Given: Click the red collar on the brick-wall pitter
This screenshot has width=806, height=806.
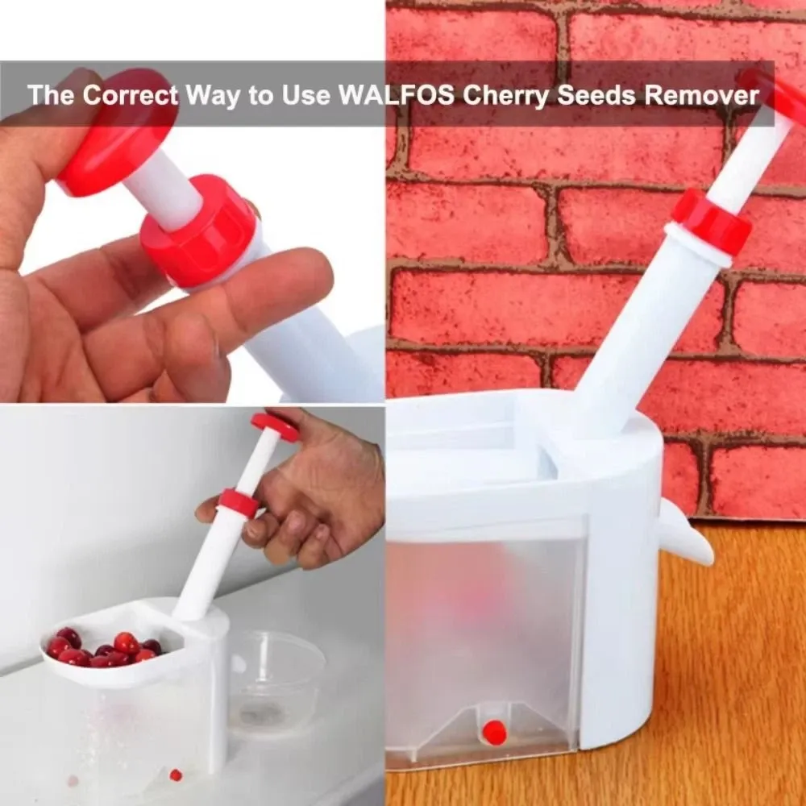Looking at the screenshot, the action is [x=712, y=222].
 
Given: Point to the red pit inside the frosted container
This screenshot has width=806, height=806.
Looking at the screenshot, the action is [x=495, y=733].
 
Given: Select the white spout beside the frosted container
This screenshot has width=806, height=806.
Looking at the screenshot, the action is [x=684, y=534].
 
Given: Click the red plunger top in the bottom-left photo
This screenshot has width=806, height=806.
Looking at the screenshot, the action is [x=275, y=426].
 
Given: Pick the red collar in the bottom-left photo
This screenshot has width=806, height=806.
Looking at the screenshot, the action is [x=239, y=503].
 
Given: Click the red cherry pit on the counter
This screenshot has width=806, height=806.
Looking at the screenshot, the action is [x=176, y=775].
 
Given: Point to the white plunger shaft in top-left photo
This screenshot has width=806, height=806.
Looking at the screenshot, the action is [x=164, y=189].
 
